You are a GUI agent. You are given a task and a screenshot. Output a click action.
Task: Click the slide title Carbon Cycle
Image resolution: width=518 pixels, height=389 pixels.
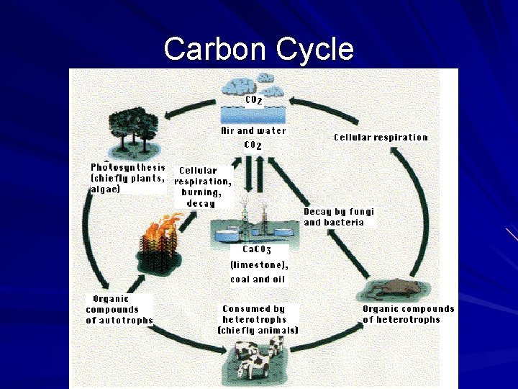258,49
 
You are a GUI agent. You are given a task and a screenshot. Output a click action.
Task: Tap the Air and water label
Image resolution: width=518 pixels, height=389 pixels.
253,131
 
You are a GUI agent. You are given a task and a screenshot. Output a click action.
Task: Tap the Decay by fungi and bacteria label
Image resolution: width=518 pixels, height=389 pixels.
339,217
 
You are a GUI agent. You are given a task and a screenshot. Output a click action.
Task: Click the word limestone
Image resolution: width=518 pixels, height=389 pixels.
259,264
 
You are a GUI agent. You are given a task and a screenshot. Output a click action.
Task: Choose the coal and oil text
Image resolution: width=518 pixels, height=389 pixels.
257,279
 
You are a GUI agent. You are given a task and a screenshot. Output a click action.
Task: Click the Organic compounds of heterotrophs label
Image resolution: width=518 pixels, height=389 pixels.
408,314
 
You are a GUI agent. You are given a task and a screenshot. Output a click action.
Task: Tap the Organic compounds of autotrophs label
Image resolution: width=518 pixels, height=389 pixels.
119,309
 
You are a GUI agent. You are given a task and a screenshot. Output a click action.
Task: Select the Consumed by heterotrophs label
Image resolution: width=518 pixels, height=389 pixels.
258,319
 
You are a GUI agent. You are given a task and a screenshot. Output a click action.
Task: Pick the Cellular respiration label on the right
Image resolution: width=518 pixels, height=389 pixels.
381,138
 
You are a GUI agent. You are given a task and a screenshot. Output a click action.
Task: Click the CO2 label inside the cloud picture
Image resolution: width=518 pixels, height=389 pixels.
253,101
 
